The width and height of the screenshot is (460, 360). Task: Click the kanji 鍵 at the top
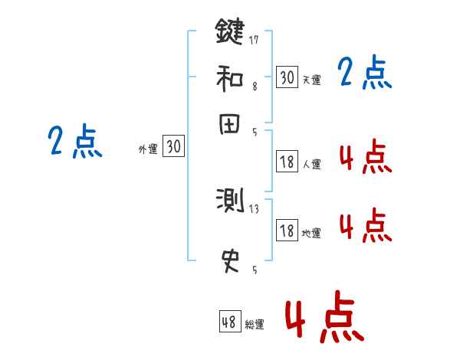[229, 33]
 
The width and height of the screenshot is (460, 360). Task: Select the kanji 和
[229, 77]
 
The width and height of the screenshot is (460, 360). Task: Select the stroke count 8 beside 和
[254, 87]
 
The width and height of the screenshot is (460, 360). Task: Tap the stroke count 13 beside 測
[255, 208]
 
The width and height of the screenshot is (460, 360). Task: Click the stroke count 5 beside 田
[254, 132]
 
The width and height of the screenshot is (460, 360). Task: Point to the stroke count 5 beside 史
[254, 270]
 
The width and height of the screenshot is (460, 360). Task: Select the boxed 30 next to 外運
[173, 147]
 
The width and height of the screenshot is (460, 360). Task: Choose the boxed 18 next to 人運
[287, 162]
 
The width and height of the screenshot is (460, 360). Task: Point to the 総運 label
[254, 325]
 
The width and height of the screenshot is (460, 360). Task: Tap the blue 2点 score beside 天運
[364, 74]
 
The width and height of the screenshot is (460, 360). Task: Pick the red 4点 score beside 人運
[364, 158]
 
